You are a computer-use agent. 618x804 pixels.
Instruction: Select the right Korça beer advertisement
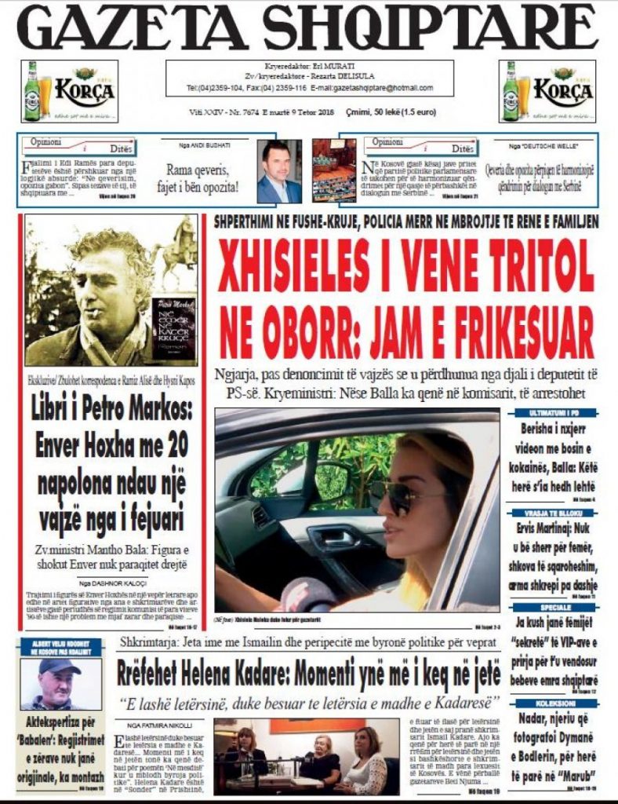pyautogui.click(x=547, y=91)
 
